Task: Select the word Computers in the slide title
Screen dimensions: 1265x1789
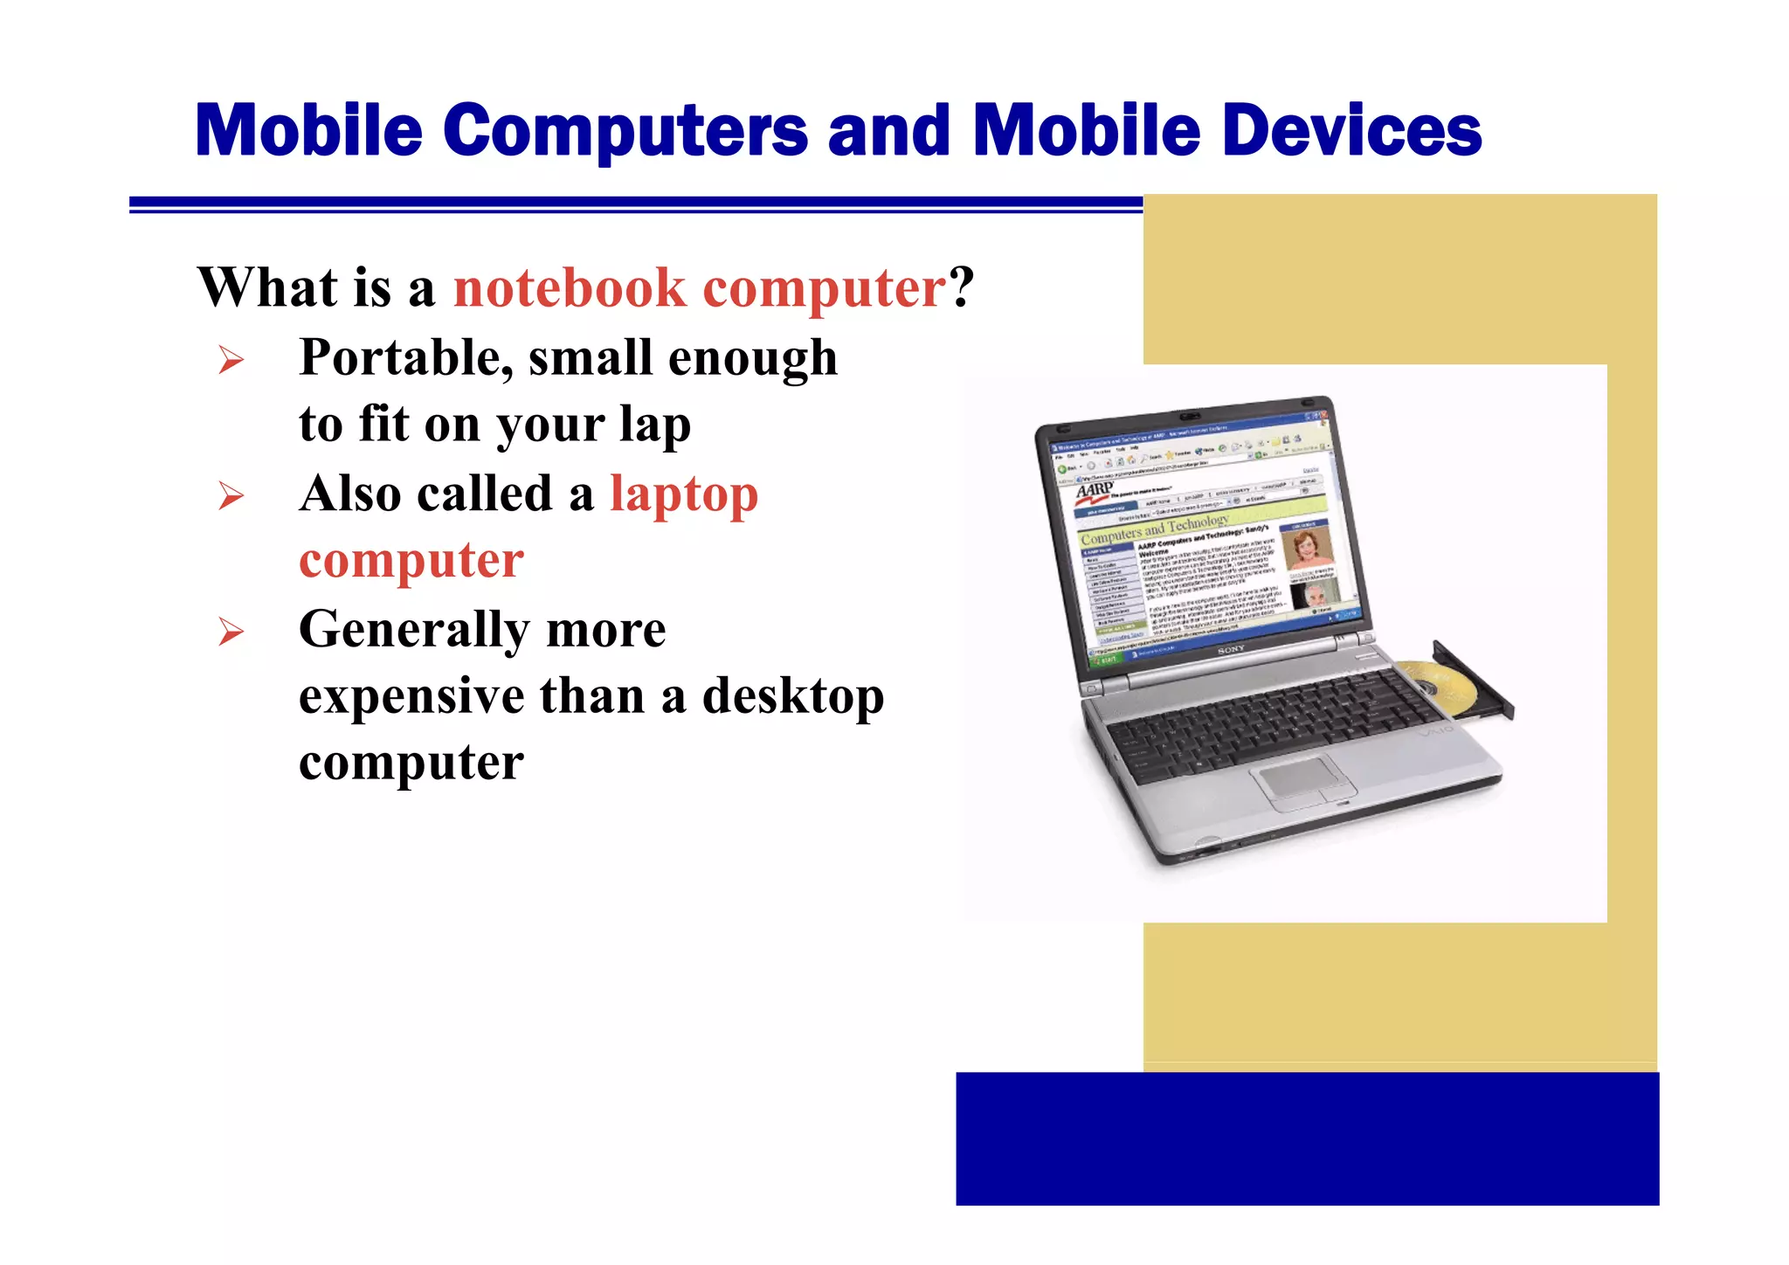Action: tap(625, 131)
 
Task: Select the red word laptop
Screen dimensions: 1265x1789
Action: tap(684, 494)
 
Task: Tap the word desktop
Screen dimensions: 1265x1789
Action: tap(792, 696)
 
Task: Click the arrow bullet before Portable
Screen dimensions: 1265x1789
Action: tap(231, 360)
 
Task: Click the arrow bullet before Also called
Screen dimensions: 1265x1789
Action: tap(231, 496)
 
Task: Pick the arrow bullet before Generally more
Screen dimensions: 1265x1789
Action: tap(231, 631)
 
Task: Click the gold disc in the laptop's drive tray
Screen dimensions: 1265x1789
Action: tap(1441, 684)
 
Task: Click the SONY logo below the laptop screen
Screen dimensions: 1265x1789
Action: tap(1231, 650)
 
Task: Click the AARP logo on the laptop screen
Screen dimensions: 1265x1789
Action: tap(1094, 489)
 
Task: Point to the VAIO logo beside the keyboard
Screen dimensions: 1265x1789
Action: tap(1437, 728)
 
